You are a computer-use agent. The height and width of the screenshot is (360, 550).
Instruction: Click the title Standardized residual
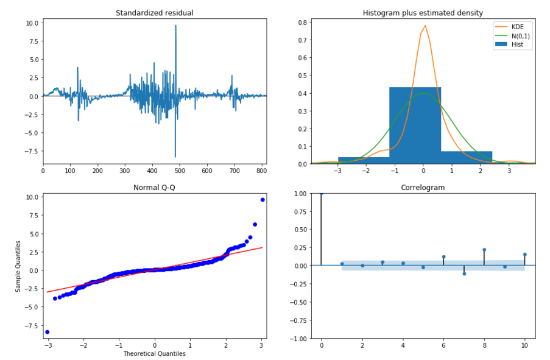pos(154,13)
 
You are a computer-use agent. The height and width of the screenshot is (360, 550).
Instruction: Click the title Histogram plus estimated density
pos(423,13)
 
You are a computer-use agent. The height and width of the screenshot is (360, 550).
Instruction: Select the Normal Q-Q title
pos(154,188)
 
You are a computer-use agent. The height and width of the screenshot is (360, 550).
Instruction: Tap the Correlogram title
pos(423,188)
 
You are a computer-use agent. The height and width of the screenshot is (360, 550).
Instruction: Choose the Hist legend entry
pos(517,44)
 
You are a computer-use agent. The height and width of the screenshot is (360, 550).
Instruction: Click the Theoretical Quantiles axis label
pos(154,353)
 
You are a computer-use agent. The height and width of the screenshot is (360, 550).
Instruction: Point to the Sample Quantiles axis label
pos(19,266)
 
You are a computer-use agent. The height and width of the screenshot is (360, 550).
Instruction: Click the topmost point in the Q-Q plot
pos(263,199)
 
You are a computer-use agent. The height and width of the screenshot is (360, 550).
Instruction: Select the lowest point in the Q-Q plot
pos(47,332)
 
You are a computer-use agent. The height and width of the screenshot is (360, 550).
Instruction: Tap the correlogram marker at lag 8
pos(484,250)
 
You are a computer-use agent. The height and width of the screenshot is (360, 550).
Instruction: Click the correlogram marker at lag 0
pos(321,194)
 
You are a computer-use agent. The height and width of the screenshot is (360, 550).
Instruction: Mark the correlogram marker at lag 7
pos(464,274)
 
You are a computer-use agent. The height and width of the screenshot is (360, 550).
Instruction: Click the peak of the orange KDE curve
pos(425,26)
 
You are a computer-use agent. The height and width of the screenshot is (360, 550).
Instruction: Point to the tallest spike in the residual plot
pos(175,26)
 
